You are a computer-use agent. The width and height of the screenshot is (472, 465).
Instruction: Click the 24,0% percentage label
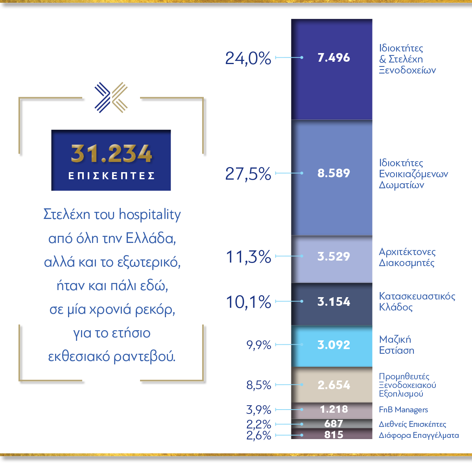pos(248,58)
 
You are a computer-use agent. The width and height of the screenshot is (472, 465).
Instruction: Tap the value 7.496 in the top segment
pos(334,58)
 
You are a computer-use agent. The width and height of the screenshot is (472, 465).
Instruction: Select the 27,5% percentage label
pos(248,174)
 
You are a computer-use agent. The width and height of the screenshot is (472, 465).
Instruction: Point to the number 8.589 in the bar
pos(334,173)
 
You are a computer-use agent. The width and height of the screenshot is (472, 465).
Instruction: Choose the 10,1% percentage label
pos(248,302)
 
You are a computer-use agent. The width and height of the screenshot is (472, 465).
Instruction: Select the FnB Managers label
pos(403,410)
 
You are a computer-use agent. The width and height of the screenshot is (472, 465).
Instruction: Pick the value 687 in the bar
pos(334,424)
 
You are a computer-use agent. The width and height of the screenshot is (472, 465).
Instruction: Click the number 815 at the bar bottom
pos(334,435)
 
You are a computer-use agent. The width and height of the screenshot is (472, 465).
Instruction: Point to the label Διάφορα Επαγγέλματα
pos(419,435)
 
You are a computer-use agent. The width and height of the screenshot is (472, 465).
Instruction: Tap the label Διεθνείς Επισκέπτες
pos(412,424)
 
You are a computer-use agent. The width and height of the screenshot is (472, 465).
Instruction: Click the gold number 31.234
pos(111,154)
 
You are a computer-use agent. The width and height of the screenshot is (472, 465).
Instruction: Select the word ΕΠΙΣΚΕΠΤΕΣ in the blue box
pos(111,176)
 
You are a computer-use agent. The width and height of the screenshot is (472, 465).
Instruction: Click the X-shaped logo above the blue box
pos(111,97)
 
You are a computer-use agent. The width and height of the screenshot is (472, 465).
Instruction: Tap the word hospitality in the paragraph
pos(150,215)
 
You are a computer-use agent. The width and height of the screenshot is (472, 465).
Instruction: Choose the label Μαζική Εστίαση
pos(396,345)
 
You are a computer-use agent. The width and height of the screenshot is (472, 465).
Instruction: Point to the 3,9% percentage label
pos(258,410)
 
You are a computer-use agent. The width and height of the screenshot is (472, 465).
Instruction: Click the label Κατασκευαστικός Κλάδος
pos(417,301)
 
